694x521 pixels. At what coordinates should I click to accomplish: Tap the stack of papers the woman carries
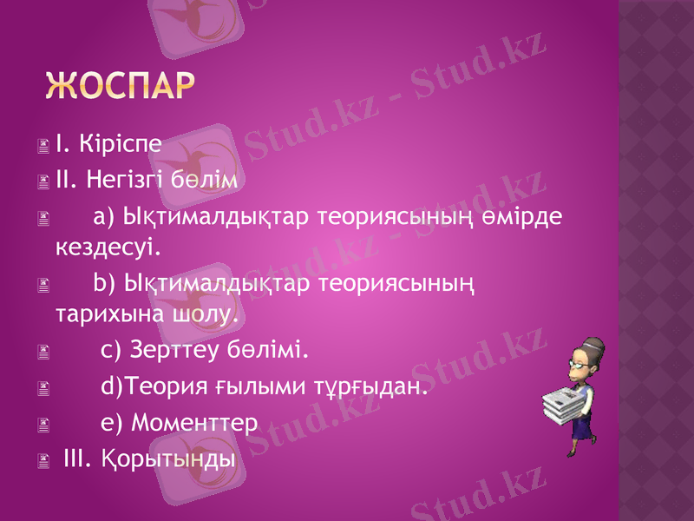tap(564, 403)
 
